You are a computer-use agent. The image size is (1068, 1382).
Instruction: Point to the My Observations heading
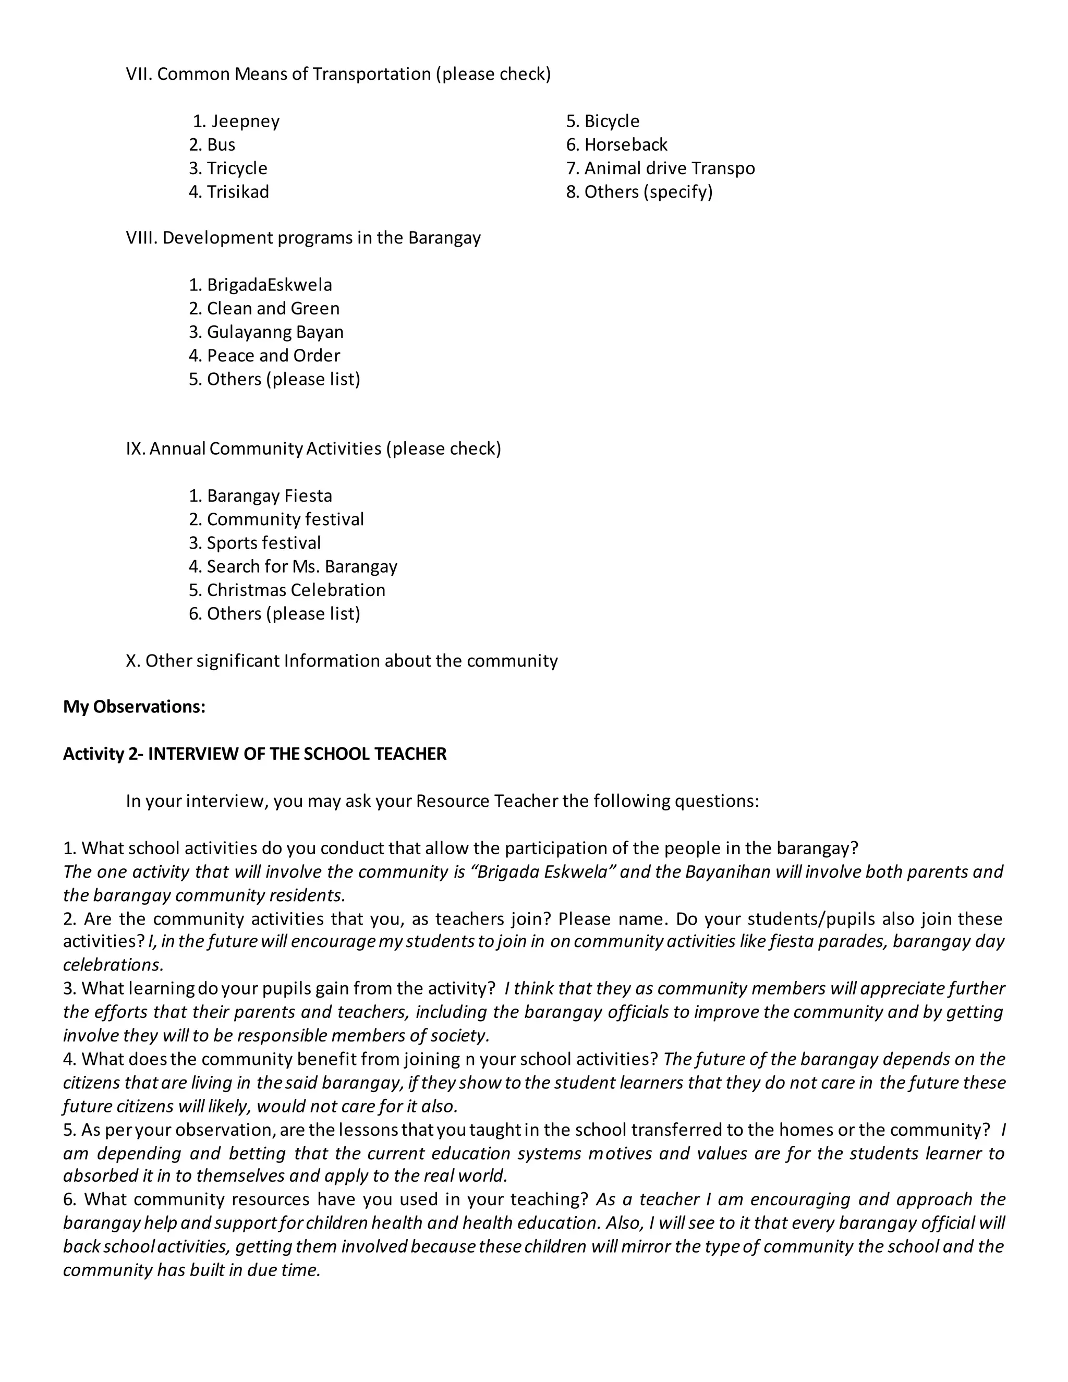tap(134, 707)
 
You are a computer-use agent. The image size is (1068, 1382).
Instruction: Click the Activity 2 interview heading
tap(254, 754)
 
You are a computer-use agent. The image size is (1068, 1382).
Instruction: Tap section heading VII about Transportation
tap(338, 74)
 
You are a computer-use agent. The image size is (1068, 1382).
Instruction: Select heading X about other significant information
tap(342, 661)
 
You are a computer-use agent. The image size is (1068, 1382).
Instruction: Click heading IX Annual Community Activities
tap(313, 448)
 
